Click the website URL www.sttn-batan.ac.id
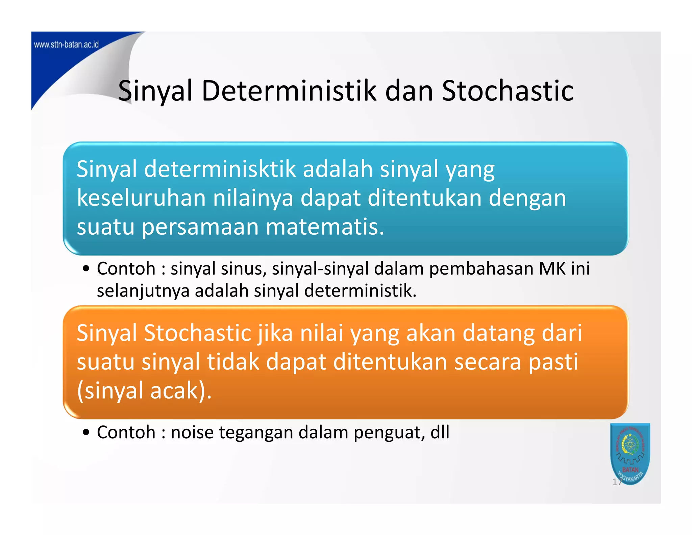pos(66,44)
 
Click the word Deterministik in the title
pos(289,91)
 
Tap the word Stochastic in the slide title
pos(508,91)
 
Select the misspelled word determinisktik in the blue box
pos(220,169)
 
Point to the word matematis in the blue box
pos(325,227)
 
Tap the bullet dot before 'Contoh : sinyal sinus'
pos(86,269)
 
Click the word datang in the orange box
pos(498,333)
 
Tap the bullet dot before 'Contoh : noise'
pos(86,433)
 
